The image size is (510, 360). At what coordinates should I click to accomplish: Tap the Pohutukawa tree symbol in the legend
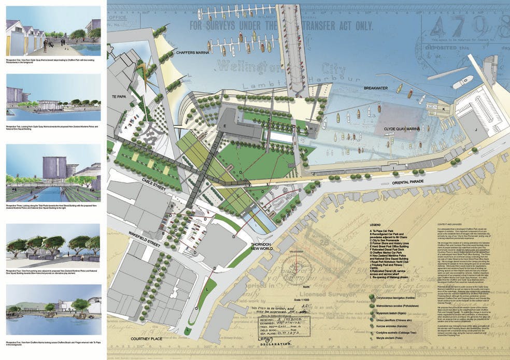pos(373,307)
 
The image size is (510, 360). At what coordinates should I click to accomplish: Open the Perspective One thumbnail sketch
pos(53,36)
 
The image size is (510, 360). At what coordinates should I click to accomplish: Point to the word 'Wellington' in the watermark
pos(239,67)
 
